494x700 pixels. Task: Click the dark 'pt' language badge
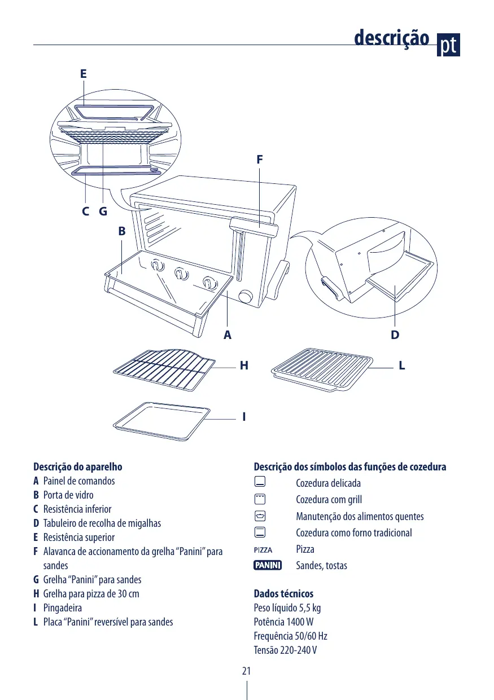coord(449,45)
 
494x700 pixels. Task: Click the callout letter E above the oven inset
coord(83,74)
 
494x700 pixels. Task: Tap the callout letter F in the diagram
coord(259,160)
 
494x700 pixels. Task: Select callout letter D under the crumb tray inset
coord(395,334)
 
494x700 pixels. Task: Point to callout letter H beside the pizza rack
coord(244,366)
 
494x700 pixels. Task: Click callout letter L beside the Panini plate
coord(401,366)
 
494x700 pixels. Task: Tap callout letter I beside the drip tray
coord(244,417)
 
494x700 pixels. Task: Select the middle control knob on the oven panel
coord(180,274)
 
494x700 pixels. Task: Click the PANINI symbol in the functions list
coord(268,565)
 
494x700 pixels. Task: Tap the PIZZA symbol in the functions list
coord(263,549)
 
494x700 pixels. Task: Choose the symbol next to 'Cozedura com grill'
coord(260,499)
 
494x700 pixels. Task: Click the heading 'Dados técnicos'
coord(283,594)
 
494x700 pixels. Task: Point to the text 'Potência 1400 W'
coord(283,622)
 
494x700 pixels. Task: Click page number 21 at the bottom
coord(247,671)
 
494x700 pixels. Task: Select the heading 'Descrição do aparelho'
coord(78,467)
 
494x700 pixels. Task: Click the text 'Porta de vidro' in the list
coord(68,495)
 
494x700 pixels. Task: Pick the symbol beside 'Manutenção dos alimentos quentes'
coord(260,516)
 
